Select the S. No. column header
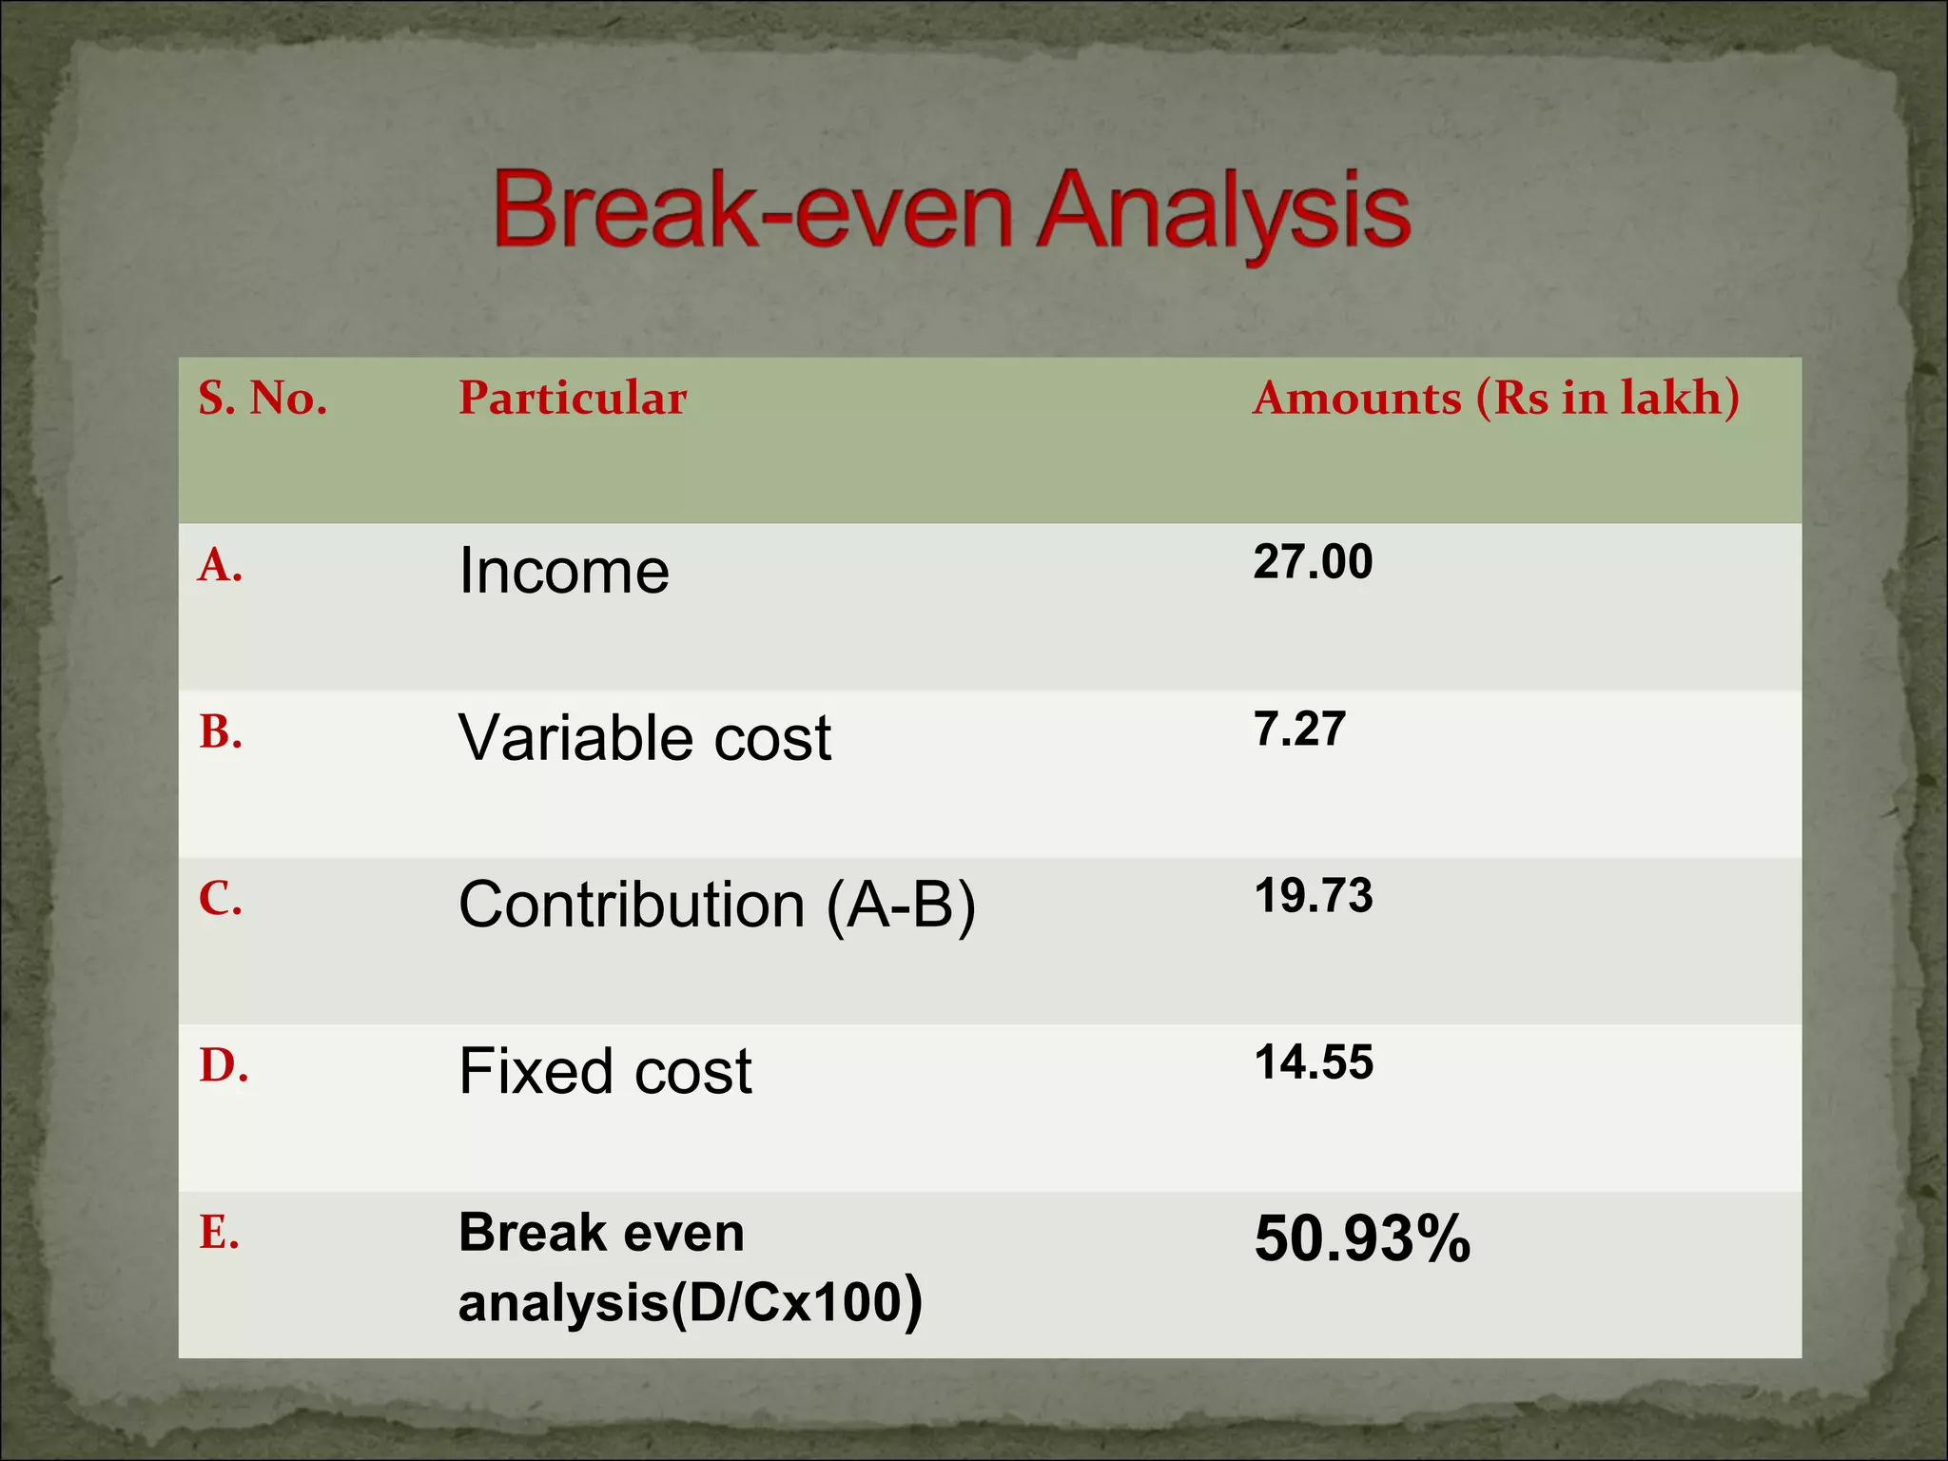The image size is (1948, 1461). tap(263, 399)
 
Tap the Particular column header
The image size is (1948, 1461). tap(572, 399)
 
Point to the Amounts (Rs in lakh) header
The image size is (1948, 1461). tap(1495, 399)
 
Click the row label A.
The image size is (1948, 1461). tap(220, 566)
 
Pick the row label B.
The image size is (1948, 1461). tap(220, 733)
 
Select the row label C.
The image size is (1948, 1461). tap(220, 899)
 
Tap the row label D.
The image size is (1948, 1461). tap(224, 1066)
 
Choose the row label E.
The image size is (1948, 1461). tap(219, 1234)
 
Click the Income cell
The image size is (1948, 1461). tap(564, 571)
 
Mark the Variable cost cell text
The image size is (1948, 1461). tap(644, 738)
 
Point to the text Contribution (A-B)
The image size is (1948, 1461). tap(717, 905)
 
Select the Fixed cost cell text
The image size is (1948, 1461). tap(605, 1072)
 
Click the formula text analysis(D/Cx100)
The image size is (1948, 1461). tap(690, 1302)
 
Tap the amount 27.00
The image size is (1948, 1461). tap(1313, 561)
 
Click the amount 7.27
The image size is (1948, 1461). tap(1299, 730)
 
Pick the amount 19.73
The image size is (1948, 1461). tap(1313, 896)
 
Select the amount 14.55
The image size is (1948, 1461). tap(1314, 1062)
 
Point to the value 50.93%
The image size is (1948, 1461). tap(1361, 1239)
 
